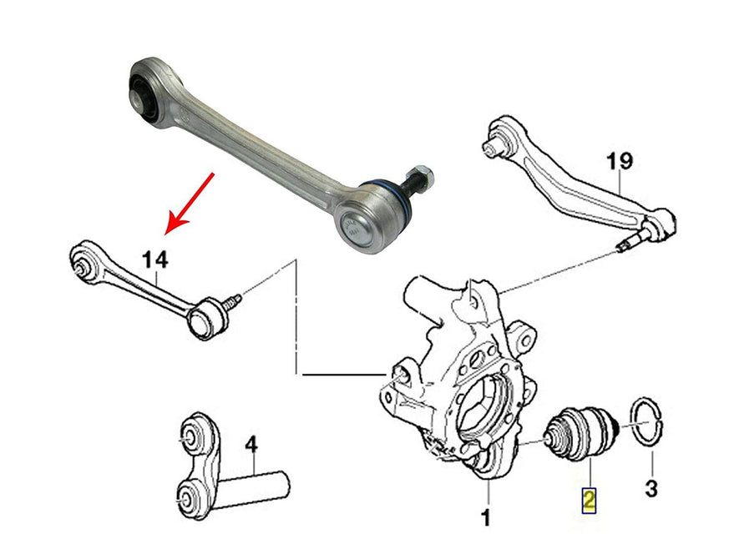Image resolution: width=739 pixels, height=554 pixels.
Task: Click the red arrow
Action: click(x=193, y=201)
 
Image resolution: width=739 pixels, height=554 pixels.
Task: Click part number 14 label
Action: click(x=154, y=260)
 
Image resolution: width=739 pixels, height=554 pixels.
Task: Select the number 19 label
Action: click(x=620, y=161)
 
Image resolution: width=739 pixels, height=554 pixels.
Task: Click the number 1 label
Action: click(x=485, y=518)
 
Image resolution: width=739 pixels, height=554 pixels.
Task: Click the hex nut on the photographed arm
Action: click(x=423, y=177)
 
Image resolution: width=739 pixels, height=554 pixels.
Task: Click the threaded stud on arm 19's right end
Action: click(x=634, y=244)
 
